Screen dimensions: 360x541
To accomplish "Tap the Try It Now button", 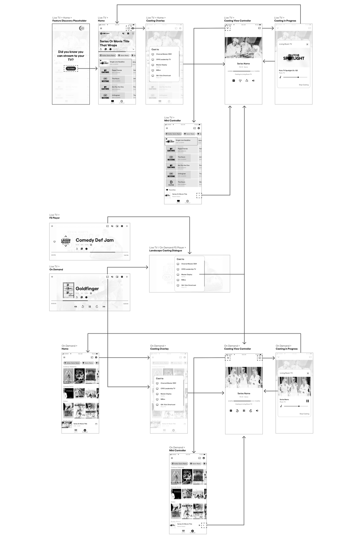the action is [71, 69].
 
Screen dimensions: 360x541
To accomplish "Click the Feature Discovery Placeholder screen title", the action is [69, 21].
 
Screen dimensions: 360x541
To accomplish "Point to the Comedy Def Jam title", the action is [95, 240].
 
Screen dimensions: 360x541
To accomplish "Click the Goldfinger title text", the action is [87, 288].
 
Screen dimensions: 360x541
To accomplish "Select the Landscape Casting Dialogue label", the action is [166, 251].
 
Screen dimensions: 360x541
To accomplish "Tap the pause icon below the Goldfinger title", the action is [90, 306].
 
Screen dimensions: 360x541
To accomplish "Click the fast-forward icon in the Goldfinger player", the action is [104, 306].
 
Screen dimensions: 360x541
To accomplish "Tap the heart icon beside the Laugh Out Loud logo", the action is [55, 242].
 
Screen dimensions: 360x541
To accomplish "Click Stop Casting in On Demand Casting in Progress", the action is [304, 414].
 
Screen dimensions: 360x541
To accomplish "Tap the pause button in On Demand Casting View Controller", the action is [244, 411].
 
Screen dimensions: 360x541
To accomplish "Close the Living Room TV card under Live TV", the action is [307, 44].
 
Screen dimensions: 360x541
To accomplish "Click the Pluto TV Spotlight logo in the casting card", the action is [293, 57].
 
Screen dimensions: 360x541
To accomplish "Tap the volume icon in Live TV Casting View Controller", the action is [253, 81].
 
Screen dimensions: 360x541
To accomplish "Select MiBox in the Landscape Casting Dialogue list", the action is [184, 280].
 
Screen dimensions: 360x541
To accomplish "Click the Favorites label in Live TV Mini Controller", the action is [172, 190].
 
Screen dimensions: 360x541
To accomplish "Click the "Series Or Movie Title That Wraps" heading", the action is [115, 43].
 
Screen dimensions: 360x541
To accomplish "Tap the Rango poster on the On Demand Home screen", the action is [80, 376].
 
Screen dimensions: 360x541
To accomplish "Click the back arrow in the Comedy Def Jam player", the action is [52, 226].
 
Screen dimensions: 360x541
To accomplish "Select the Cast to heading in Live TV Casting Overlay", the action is [155, 49].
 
